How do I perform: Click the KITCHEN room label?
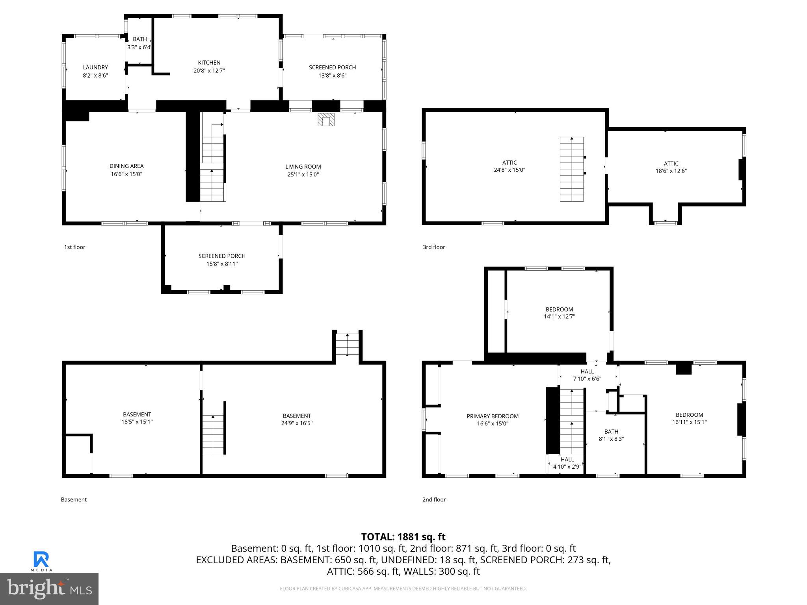(209, 63)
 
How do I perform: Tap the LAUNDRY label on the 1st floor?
(95, 67)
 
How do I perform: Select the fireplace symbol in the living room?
(326, 119)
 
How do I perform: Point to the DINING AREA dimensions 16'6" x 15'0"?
(126, 174)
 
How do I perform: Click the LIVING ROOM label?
(303, 167)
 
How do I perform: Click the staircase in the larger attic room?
(572, 169)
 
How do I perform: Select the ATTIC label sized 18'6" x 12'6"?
(671, 167)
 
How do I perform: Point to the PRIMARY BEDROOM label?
(493, 416)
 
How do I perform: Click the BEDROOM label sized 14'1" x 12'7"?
(559, 313)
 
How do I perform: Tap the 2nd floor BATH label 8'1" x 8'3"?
(611, 435)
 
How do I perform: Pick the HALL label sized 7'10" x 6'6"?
(587, 375)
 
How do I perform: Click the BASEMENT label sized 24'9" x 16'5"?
(297, 419)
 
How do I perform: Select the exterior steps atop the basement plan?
(347, 345)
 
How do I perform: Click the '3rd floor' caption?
(434, 247)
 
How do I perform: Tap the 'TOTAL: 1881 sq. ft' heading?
(403, 536)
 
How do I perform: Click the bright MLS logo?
(49, 588)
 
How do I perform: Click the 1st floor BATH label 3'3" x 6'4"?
(139, 43)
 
